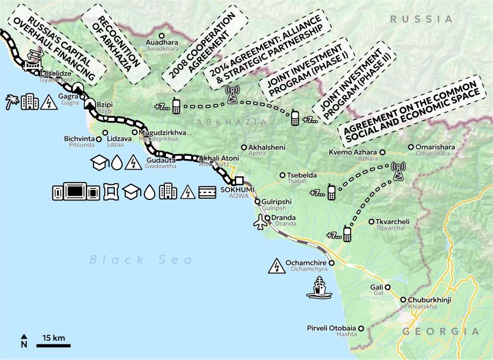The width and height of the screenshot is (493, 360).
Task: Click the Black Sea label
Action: [x=141, y=260]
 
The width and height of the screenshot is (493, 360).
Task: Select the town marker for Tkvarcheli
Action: [x=371, y=221]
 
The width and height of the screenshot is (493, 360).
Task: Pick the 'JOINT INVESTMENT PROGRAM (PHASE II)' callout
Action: [x=352, y=79]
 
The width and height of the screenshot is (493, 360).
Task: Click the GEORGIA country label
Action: [x=440, y=332]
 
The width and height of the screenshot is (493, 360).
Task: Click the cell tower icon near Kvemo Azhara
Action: [x=398, y=171]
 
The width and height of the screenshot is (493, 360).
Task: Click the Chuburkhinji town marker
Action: [x=403, y=300]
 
